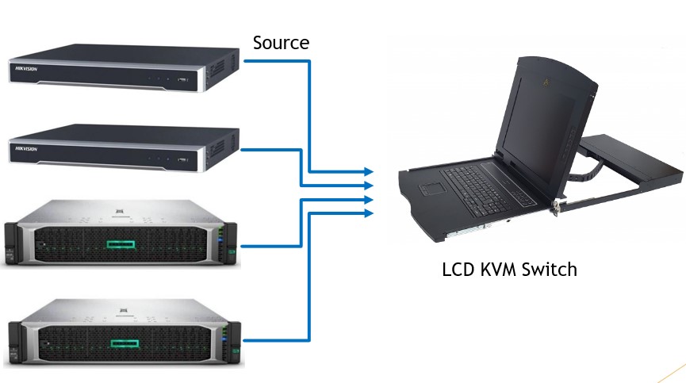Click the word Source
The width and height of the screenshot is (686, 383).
tap(281, 43)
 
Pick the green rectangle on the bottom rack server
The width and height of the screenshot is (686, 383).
tap(125, 343)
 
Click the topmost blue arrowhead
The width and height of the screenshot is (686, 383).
tap(368, 171)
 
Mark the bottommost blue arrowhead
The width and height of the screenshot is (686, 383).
tap(368, 213)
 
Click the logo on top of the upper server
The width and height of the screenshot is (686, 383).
tap(120, 209)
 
